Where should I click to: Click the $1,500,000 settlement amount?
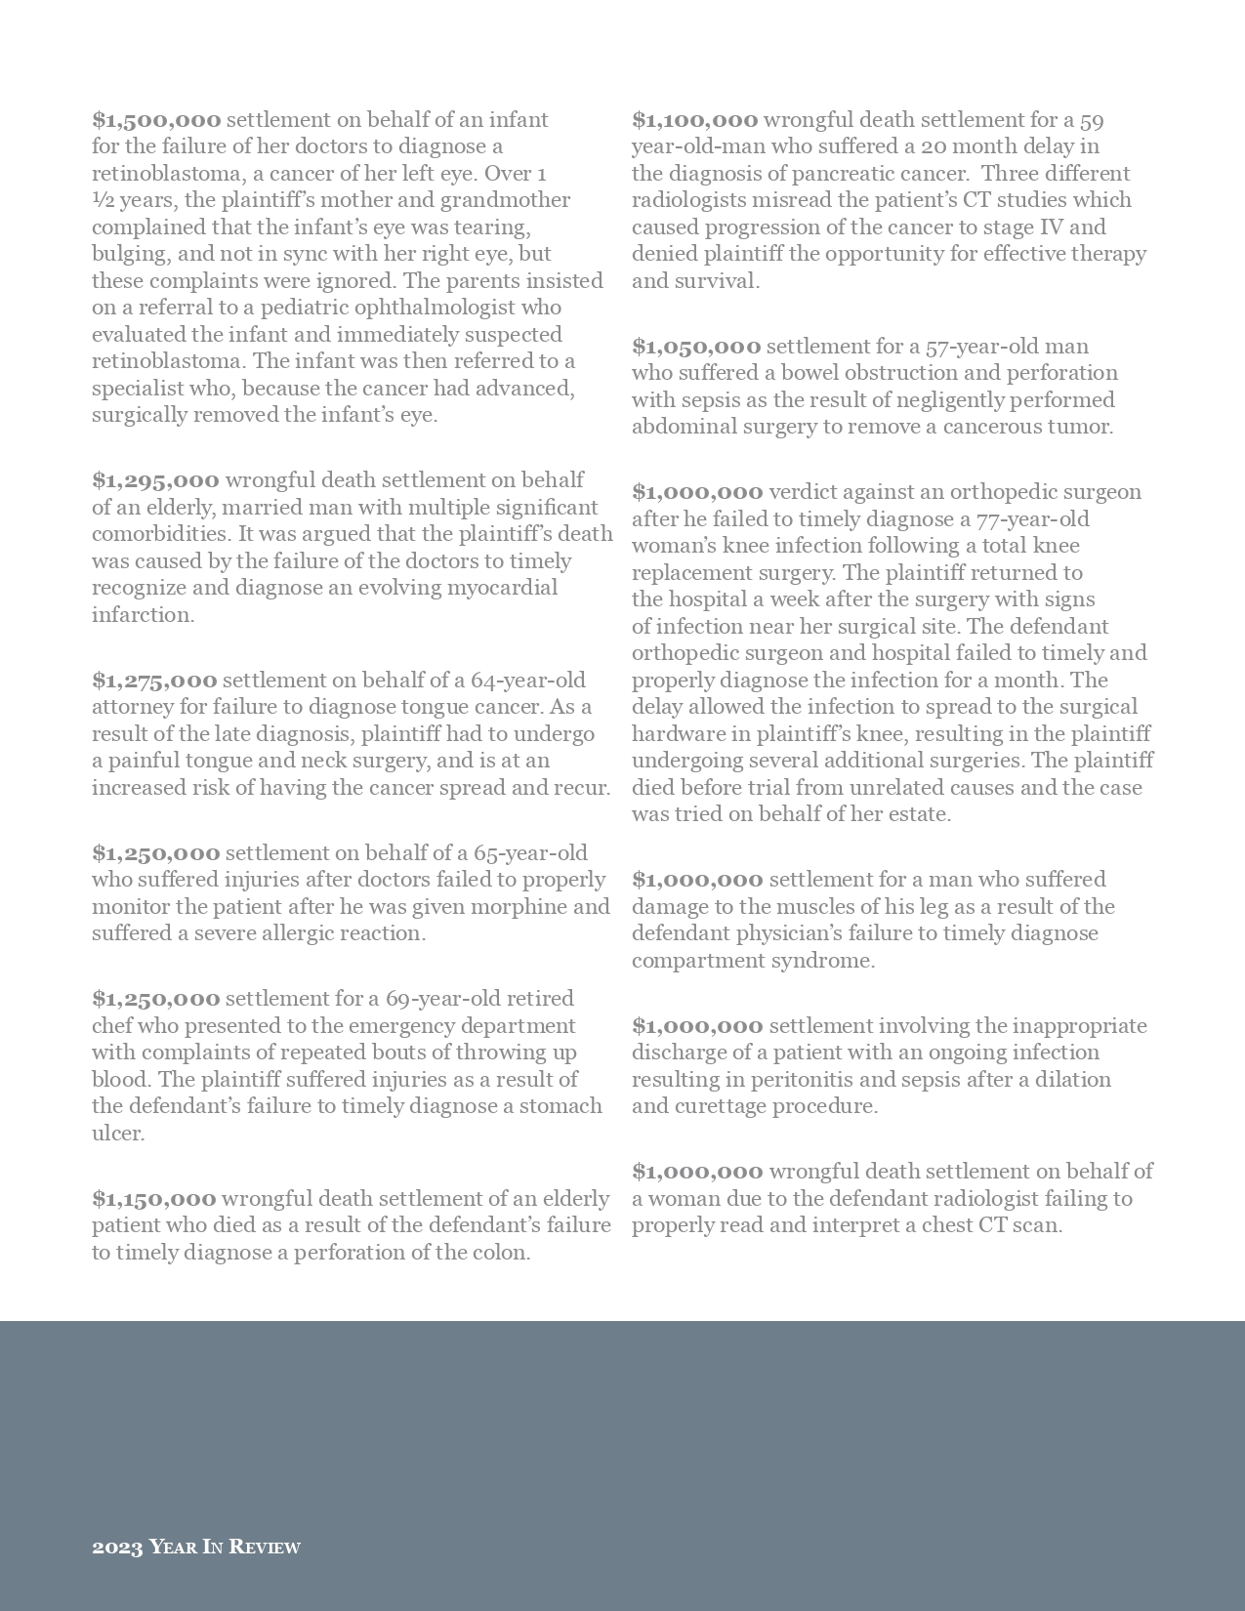(x=156, y=120)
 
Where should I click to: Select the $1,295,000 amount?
(x=155, y=480)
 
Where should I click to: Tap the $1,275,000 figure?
(x=154, y=681)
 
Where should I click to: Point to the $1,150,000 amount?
(x=154, y=1199)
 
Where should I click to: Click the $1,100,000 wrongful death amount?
(x=694, y=120)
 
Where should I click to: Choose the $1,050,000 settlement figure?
(x=696, y=347)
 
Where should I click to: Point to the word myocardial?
(x=502, y=588)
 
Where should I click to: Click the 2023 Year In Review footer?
(x=196, y=1547)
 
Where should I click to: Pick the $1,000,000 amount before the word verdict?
(x=697, y=492)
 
